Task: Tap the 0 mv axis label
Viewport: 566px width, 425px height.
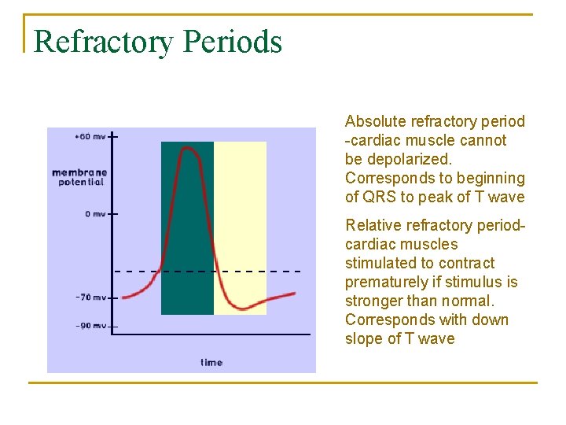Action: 95,213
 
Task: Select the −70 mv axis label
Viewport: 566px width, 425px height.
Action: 90,297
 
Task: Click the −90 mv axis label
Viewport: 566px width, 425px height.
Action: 90,325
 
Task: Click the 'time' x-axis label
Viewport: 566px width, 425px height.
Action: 211,362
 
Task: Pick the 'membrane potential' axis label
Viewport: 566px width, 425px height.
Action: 79,177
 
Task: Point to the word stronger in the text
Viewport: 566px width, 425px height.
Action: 373,301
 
